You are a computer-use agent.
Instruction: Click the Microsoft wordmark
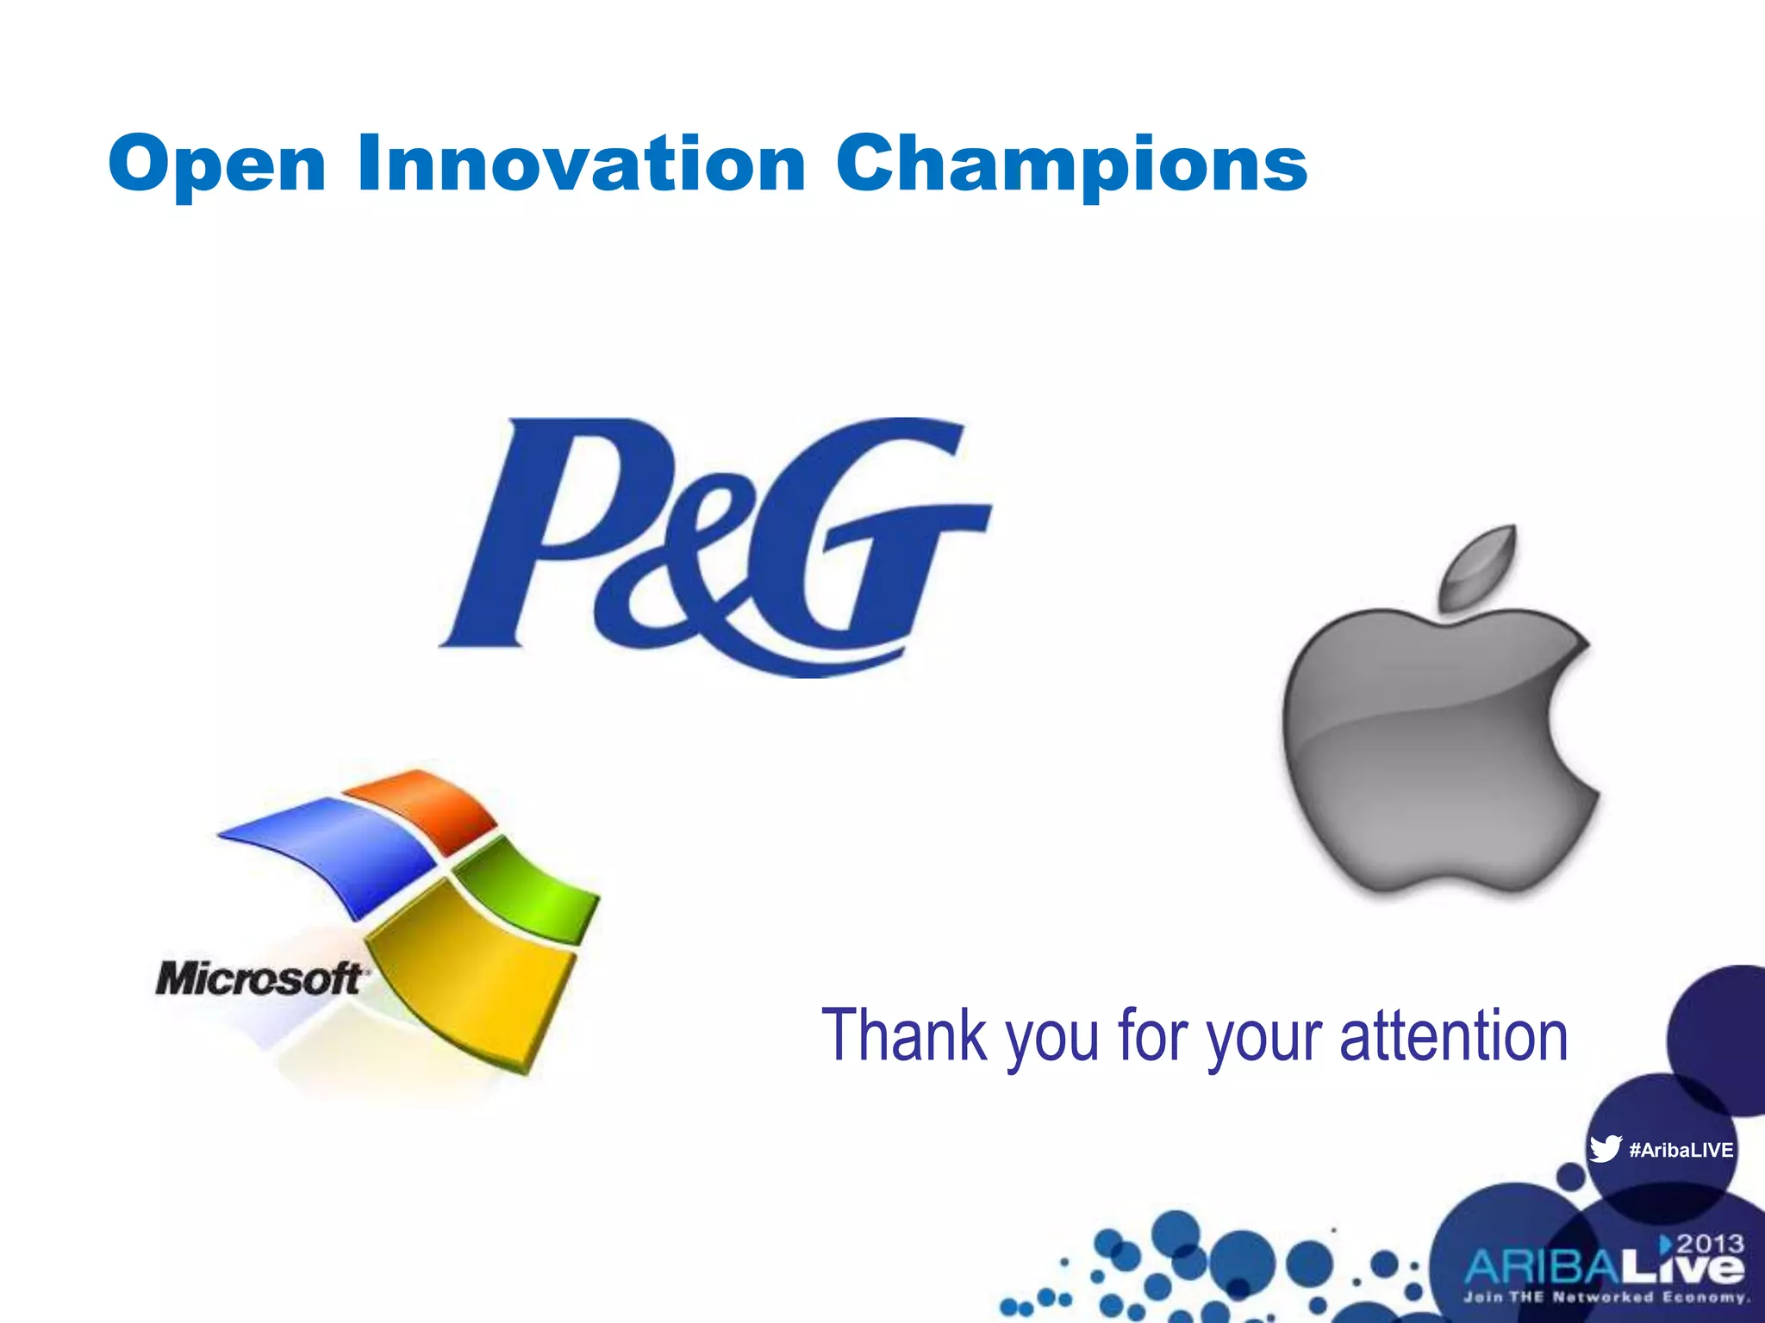(259, 979)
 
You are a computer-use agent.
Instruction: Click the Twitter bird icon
(1606, 1149)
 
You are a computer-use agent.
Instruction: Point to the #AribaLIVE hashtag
(1681, 1150)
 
